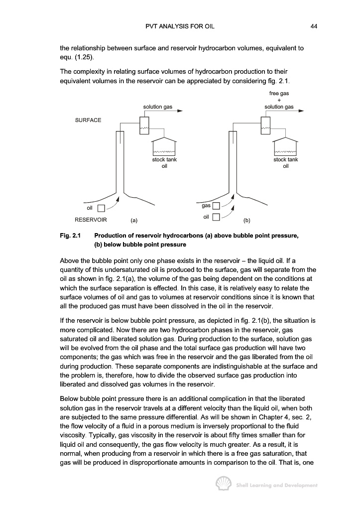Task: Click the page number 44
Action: (x=314, y=26)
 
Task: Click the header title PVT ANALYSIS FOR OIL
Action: (x=180, y=26)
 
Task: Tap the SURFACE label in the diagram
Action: (x=88, y=120)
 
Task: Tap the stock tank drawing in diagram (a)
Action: (x=164, y=146)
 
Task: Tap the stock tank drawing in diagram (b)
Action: (x=285, y=146)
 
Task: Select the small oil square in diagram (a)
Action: (x=101, y=209)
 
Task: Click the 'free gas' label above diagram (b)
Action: (x=279, y=93)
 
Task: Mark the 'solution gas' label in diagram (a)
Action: (x=158, y=107)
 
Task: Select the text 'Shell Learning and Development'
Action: (x=276, y=485)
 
